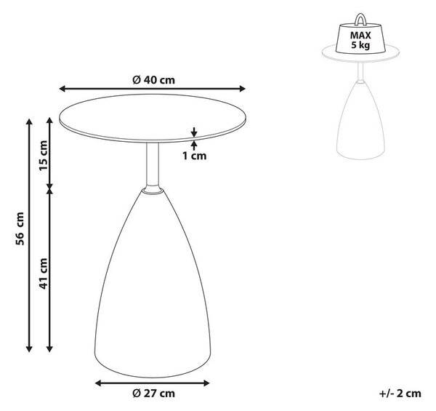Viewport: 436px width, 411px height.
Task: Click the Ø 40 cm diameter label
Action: click(x=153, y=80)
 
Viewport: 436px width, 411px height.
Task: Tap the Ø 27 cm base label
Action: click(x=153, y=394)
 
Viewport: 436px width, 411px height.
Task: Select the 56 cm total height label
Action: click(x=20, y=228)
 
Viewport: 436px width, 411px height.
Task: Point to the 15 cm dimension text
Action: click(x=43, y=156)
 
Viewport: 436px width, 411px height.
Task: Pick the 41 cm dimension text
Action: click(x=43, y=274)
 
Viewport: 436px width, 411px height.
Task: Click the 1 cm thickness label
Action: click(x=194, y=156)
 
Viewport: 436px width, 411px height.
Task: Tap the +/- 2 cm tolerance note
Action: click(x=400, y=394)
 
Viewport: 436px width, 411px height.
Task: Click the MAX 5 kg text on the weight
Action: click(x=360, y=40)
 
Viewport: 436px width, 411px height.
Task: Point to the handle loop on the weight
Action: click(x=360, y=20)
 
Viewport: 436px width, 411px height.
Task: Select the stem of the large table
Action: click(x=153, y=164)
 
